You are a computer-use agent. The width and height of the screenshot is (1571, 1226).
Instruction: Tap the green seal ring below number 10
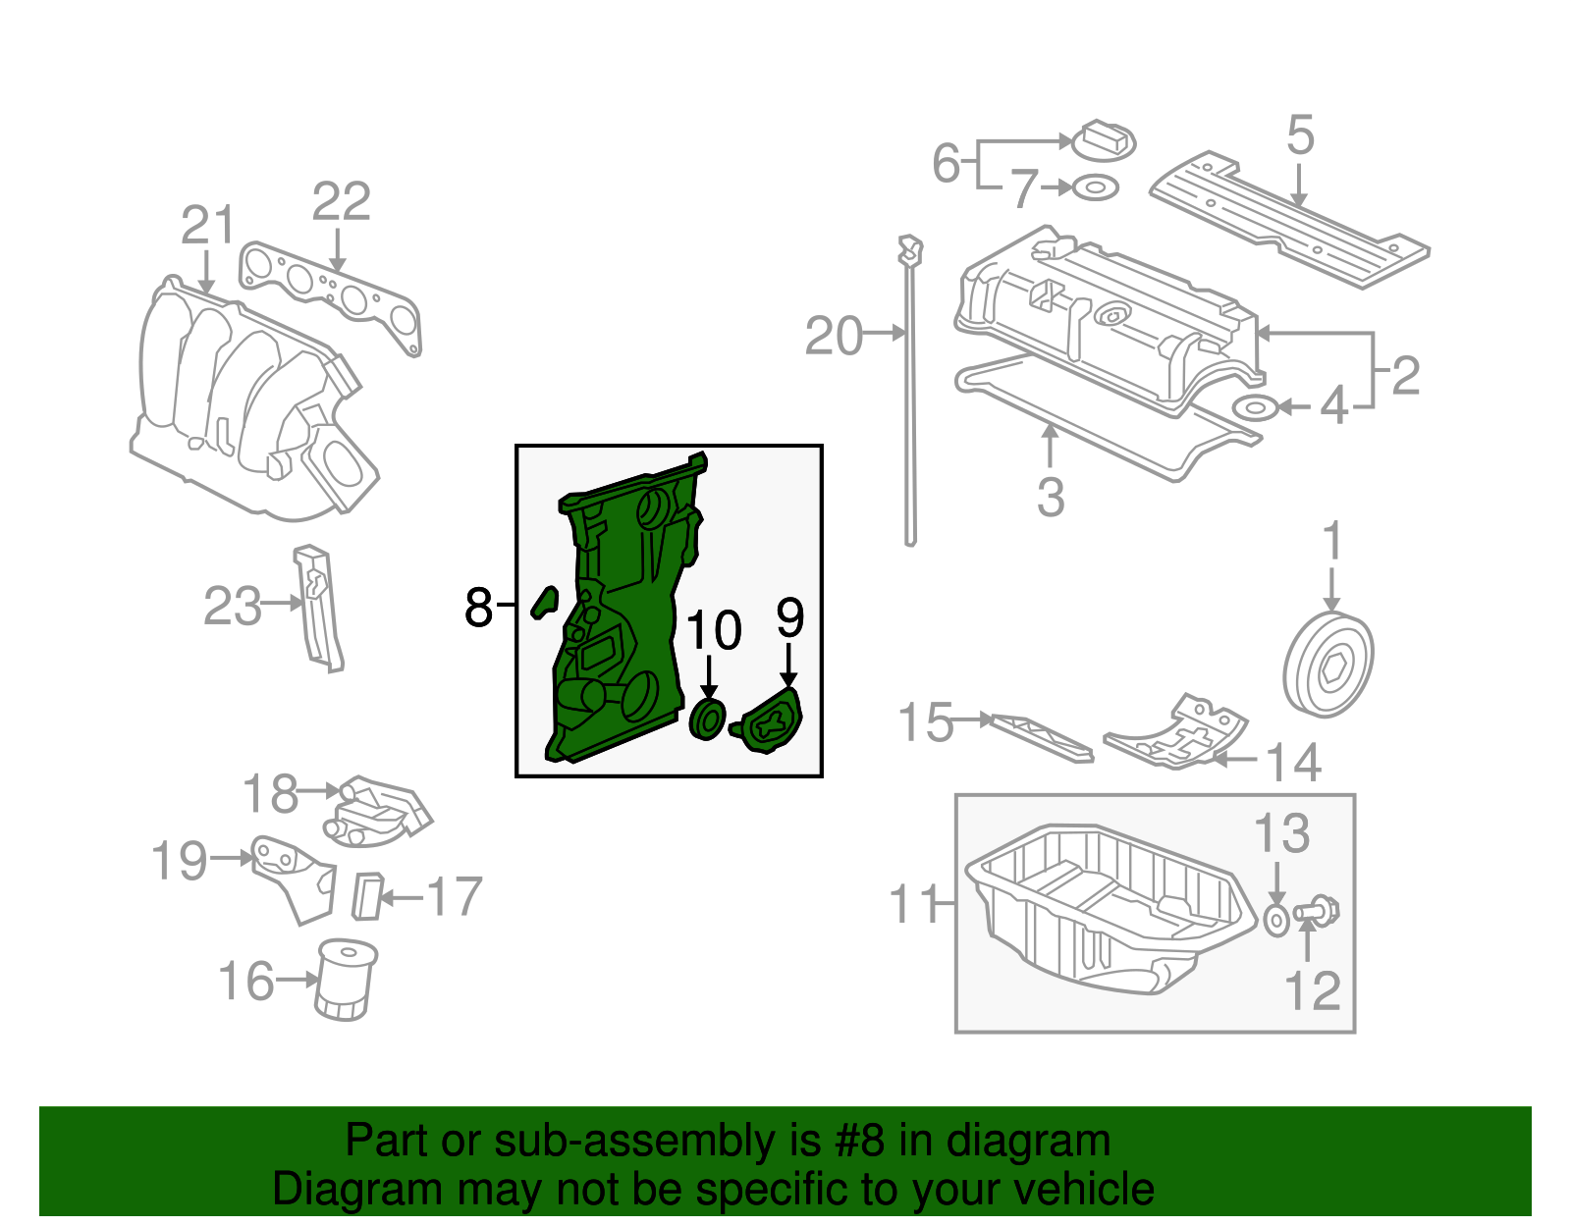708,720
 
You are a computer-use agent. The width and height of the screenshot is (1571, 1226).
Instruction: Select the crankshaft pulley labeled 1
1327,665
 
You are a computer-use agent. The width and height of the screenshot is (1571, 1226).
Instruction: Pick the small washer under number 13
1275,920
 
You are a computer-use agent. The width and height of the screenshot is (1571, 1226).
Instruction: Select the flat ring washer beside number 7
1095,187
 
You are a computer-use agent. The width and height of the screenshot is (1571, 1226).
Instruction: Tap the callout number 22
341,202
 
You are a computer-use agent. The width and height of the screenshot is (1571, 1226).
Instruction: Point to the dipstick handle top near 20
910,249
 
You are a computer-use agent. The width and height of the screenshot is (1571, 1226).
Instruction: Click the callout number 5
1299,134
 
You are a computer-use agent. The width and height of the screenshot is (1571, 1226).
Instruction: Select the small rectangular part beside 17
367,895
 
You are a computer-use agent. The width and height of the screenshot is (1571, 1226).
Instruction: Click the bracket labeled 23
318,609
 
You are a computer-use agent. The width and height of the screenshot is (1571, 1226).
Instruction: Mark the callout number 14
1293,763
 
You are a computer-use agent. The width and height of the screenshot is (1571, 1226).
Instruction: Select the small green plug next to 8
544,601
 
